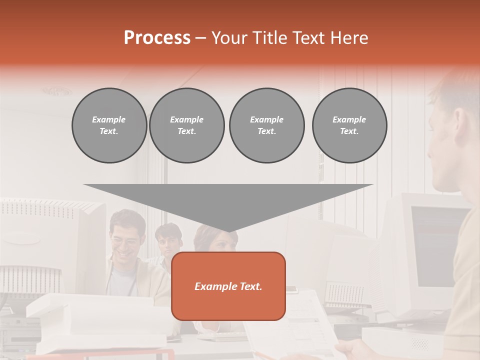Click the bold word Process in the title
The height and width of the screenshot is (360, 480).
[157, 38]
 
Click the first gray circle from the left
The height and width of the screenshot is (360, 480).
[109, 125]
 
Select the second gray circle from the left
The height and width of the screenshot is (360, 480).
[187, 125]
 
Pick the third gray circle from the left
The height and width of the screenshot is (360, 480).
[266, 125]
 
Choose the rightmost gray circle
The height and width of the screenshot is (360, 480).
[349, 125]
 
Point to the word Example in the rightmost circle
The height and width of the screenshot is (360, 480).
[349, 119]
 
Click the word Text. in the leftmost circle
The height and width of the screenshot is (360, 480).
[109, 131]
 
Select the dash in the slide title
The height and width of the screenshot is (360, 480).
[200, 38]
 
